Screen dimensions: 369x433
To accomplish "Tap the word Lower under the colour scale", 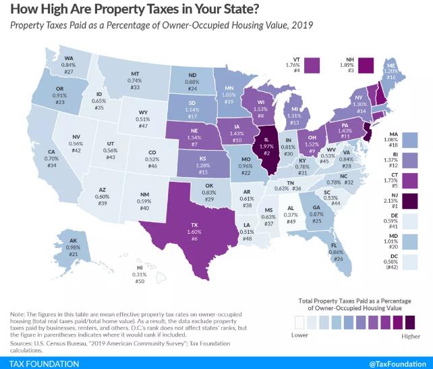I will click(x=299, y=335).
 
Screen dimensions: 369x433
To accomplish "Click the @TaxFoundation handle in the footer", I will click(x=399, y=363).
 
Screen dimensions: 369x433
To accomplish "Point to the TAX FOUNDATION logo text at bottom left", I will click(x=41, y=363).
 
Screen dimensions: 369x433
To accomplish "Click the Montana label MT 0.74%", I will click(x=135, y=78).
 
